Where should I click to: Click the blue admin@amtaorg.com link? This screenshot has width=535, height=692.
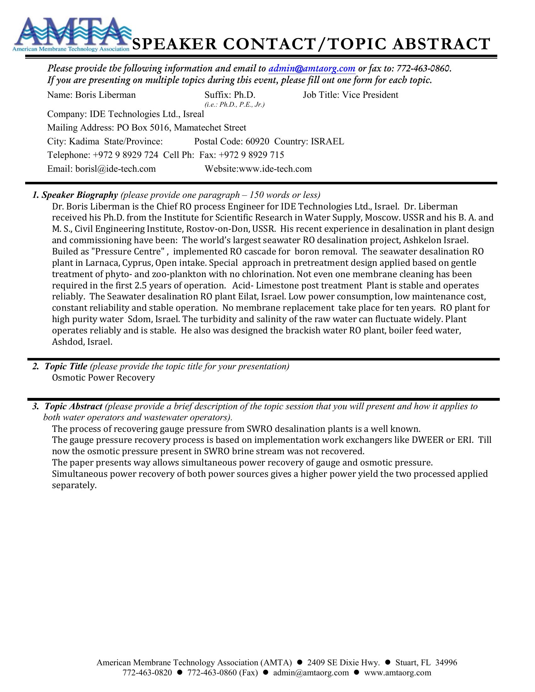coord(312,69)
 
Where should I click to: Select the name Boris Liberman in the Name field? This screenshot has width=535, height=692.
coord(105,95)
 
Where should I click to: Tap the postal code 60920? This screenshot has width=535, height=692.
coord(257,141)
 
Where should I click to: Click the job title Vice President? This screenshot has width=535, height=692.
coord(370,95)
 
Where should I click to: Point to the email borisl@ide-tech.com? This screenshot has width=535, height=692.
coord(115,169)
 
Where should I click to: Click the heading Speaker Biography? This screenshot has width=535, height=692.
coord(80,195)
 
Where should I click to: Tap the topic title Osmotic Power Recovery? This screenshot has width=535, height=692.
coord(103,378)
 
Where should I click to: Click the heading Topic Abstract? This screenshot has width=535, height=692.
coord(74,406)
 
